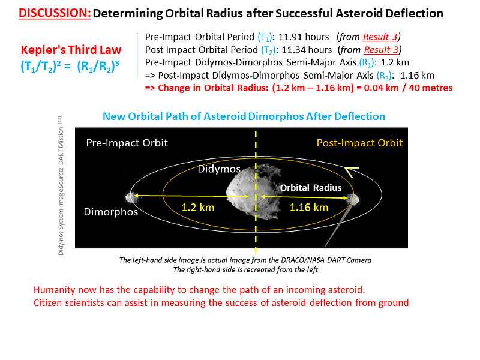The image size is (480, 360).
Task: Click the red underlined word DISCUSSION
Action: (55, 13)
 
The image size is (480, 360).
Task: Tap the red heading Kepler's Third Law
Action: (71, 50)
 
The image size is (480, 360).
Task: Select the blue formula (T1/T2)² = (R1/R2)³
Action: (70, 66)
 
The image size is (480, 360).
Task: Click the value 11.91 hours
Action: (304, 37)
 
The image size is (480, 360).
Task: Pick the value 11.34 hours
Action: (307, 50)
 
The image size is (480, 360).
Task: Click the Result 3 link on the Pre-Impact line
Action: (380, 37)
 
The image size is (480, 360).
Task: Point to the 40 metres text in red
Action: (430, 88)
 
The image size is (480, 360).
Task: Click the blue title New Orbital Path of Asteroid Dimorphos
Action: (244, 116)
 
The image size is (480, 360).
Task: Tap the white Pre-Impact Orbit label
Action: (127, 143)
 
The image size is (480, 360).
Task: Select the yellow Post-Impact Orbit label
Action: (359, 143)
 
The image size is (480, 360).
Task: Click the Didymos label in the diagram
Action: (219, 169)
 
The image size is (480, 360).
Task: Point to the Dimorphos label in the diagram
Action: (111, 212)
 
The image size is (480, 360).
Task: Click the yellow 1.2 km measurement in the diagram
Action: (198, 208)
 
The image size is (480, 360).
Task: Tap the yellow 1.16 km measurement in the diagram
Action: (309, 208)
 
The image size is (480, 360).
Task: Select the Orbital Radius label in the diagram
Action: (311, 188)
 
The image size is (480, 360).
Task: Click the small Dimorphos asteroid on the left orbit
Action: (131, 197)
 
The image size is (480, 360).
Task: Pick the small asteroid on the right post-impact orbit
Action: (353, 199)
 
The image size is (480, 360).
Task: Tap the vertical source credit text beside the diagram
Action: (61, 186)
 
